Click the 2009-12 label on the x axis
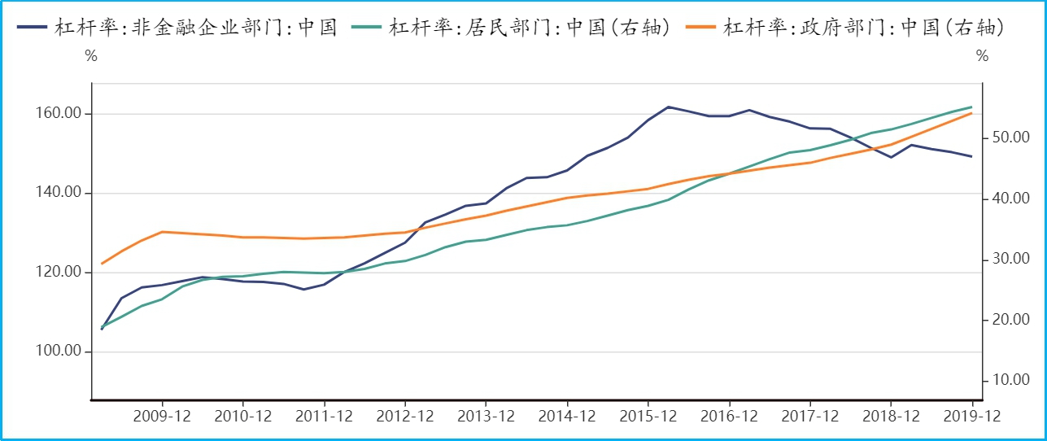[x=162, y=416]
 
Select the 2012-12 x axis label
[x=405, y=416]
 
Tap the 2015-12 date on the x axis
[x=648, y=416]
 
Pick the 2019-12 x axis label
[x=972, y=416]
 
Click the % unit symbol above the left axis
[x=91, y=57]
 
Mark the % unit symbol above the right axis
[x=982, y=57]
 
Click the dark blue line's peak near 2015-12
[x=668, y=107]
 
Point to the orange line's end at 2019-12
[x=972, y=113]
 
